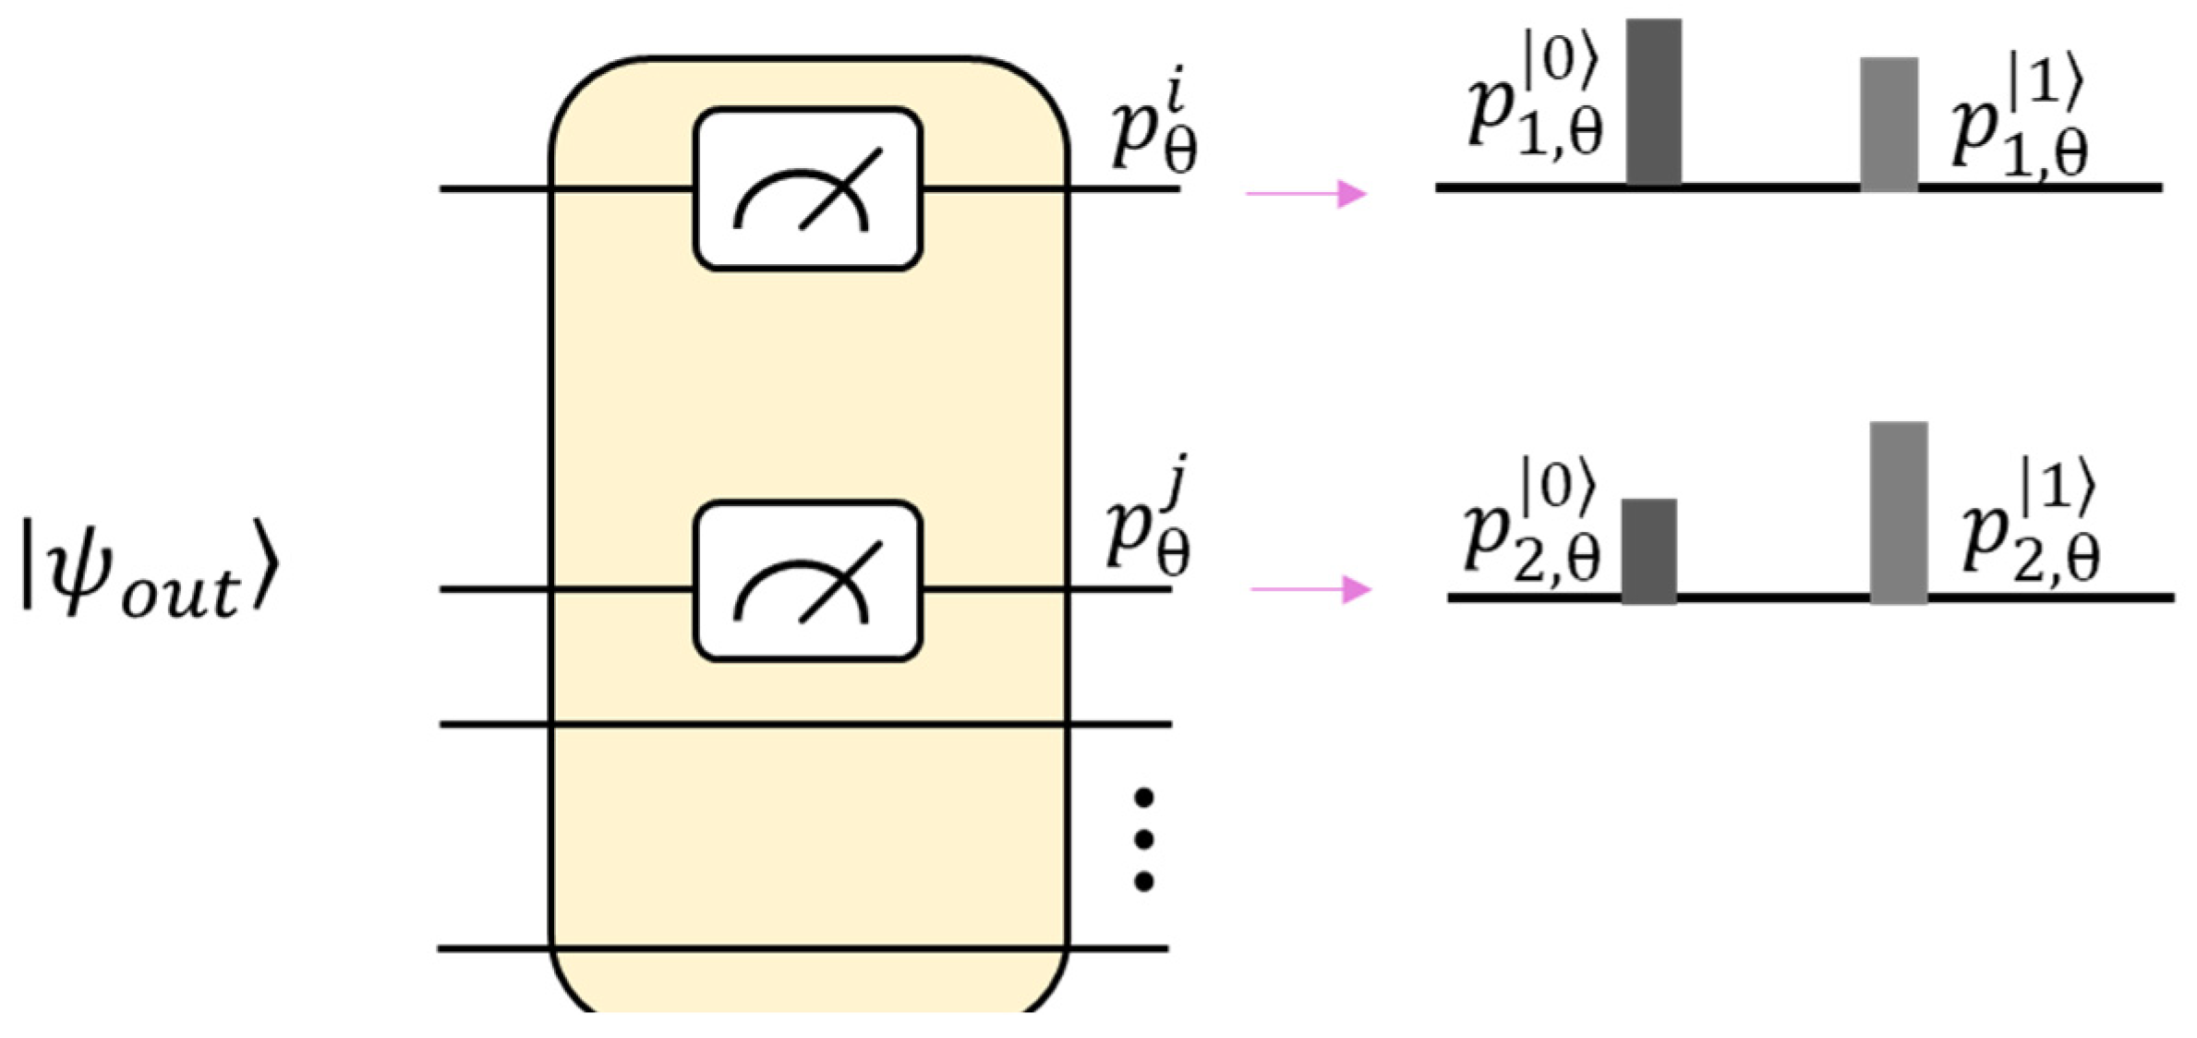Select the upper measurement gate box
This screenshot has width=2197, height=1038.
(808, 189)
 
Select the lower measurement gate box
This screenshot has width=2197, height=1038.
(808, 582)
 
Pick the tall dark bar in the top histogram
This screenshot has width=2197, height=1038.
(1653, 102)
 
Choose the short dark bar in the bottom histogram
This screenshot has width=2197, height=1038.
(1648, 550)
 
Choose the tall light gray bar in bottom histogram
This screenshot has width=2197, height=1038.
(1899, 513)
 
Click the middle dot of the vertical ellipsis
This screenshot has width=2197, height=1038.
(1144, 839)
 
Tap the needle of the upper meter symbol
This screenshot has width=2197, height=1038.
(840, 188)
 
